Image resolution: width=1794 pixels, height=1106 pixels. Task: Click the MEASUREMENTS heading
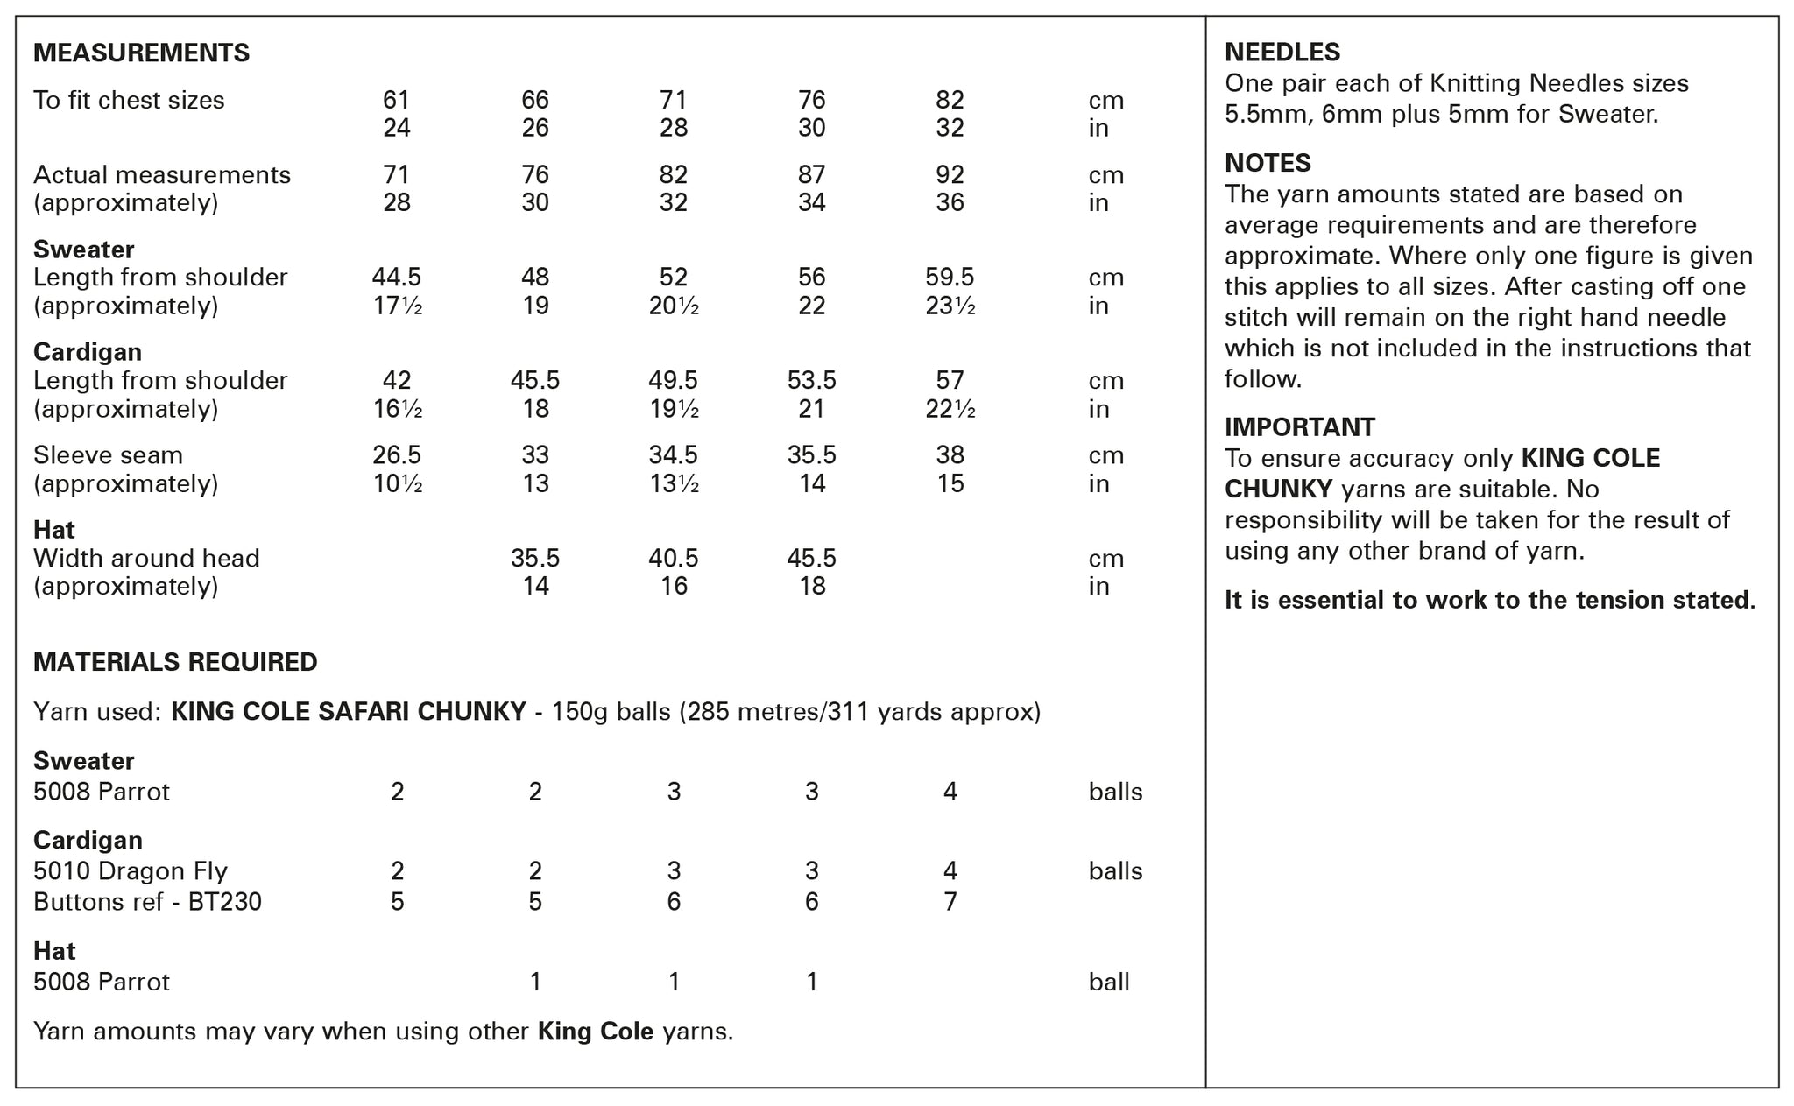coord(141,53)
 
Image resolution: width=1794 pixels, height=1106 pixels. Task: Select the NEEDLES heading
coord(1282,53)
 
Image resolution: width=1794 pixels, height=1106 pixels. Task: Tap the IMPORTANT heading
coord(1299,427)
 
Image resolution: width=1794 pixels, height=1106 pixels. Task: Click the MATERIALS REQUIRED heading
coord(175,662)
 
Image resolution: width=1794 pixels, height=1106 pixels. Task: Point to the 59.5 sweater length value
coord(950,278)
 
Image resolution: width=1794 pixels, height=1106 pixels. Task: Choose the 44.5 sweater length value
coord(397,278)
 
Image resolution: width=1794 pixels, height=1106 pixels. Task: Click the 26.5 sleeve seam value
coord(397,455)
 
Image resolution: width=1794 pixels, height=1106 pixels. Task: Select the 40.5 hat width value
coord(673,559)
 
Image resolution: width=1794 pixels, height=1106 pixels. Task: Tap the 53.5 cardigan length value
coord(811,381)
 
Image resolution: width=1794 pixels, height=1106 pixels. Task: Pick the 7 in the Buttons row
coord(950,902)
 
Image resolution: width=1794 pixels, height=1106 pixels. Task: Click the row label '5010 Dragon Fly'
coord(131,871)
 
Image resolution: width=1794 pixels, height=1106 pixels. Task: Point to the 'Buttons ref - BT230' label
coord(147,902)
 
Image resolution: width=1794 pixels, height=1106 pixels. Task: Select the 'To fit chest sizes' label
coord(129,101)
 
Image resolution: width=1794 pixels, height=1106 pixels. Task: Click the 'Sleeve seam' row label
coord(108,455)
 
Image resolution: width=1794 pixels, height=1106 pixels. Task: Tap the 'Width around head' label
coord(146,559)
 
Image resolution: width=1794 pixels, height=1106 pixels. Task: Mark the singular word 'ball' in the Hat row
coord(1108,983)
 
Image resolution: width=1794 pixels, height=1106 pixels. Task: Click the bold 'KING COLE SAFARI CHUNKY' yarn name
coord(349,712)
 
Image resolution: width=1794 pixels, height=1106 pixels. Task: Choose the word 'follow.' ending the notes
coord(1263,379)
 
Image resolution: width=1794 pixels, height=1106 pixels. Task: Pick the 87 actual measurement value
coord(811,175)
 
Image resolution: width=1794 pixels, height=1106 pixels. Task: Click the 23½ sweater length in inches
coord(950,306)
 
